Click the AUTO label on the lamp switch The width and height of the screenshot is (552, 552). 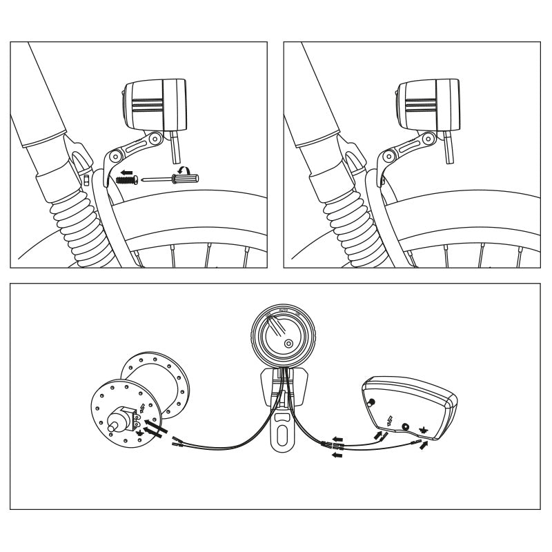[282, 311]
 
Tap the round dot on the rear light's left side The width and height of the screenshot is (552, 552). [372, 402]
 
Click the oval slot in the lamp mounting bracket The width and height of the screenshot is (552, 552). [282, 434]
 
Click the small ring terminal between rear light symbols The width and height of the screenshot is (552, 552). [406, 426]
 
